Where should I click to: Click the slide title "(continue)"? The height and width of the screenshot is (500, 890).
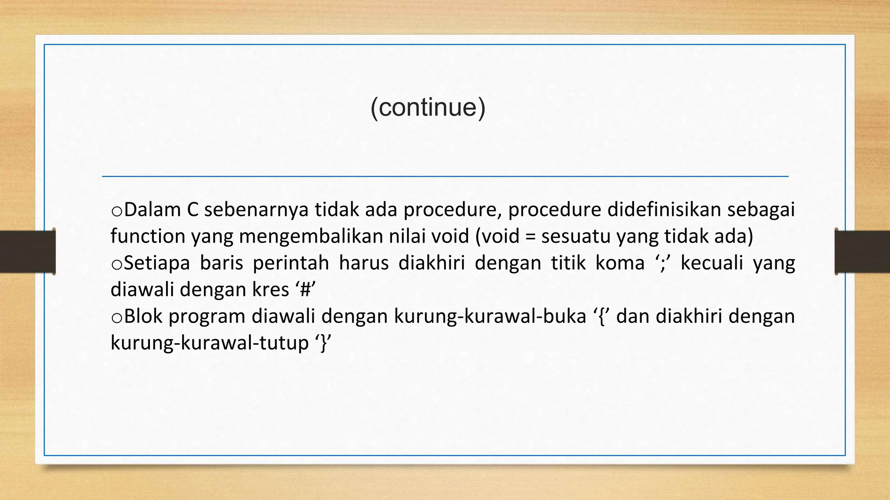(428, 107)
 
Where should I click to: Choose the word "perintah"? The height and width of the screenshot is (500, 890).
(291, 263)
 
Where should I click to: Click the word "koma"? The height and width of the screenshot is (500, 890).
(620, 263)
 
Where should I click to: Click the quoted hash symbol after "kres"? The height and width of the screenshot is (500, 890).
(305, 290)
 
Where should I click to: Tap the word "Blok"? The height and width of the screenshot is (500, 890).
(143, 316)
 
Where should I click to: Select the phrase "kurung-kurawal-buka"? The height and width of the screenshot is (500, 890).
(490, 316)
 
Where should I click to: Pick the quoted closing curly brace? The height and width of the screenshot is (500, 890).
(322, 343)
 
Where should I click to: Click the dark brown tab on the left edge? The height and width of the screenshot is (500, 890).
(27, 251)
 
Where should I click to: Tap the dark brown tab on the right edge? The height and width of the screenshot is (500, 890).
(863, 251)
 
